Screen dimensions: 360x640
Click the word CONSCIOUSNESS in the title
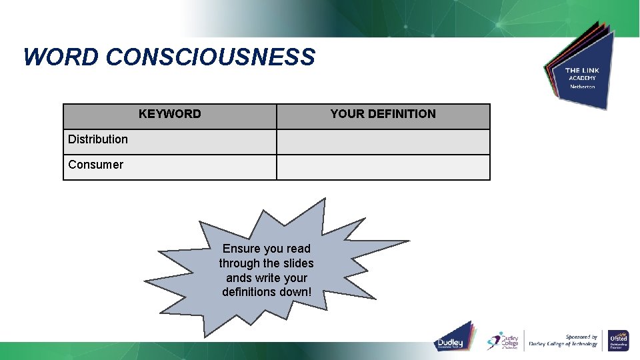pos(210,57)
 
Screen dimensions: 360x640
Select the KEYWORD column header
pos(169,114)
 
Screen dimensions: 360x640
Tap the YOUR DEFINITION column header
pos(383,114)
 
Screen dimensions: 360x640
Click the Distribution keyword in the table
pos(98,139)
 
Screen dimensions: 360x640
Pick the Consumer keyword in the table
pos(95,165)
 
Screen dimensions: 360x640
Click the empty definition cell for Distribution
pos(383,141)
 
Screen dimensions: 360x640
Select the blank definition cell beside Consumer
pos(383,167)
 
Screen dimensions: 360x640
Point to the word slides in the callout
pos(297,263)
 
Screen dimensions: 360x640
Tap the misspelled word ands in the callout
pos(239,278)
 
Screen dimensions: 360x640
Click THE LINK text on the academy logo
pos(581,70)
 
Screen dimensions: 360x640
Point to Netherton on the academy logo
pos(581,87)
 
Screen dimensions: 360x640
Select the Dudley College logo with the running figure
pos(503,340)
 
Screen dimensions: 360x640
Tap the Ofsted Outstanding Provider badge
pos(618,340)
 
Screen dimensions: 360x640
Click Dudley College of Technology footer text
pos(563,345)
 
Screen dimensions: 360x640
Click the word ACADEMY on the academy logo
pos(581,78)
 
